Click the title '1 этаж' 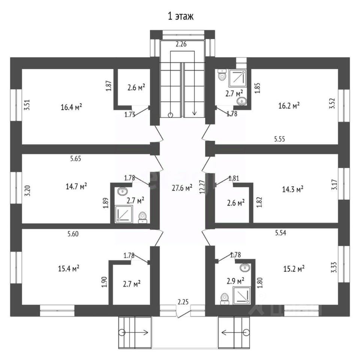click(180, 16)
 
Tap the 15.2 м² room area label click(293, 268)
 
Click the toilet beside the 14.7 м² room click(142, 217)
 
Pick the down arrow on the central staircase click(195, 111)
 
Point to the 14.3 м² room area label click(292, 189)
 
